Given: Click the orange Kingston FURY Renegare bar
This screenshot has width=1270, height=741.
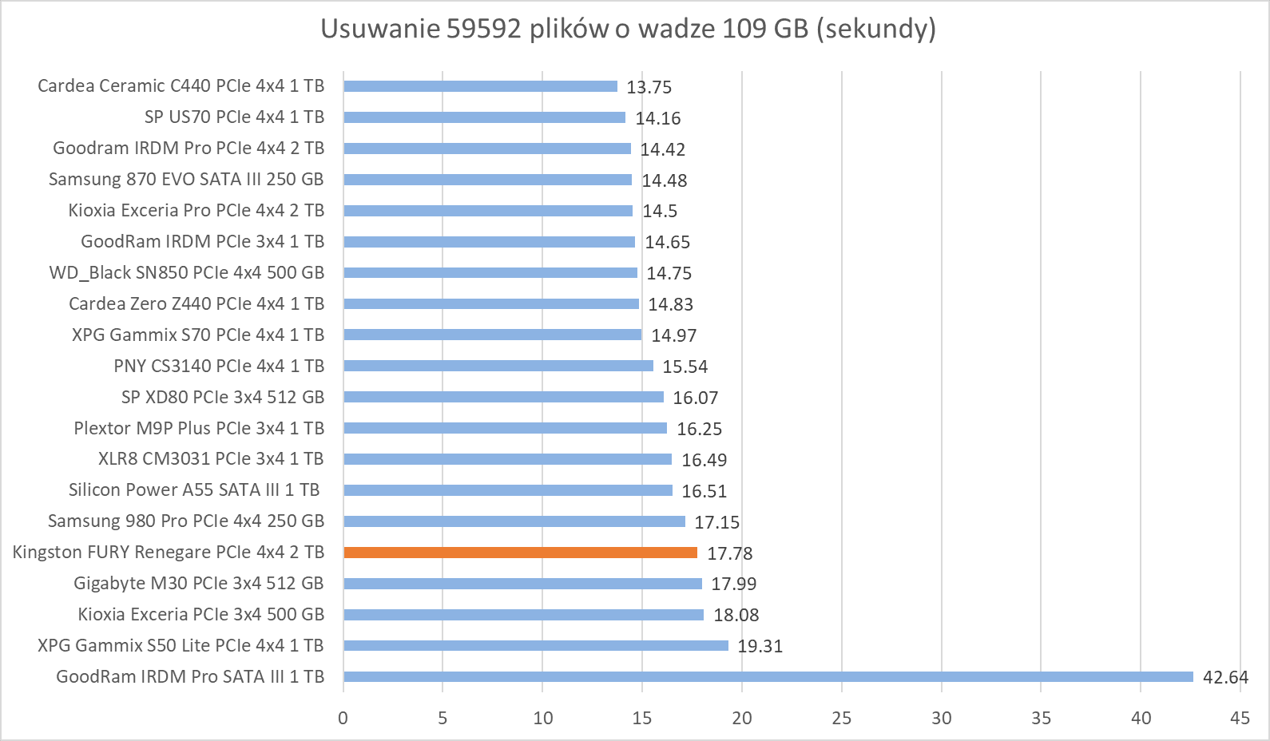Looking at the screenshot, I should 520,553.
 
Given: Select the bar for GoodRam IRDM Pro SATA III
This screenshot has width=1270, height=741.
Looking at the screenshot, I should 768,677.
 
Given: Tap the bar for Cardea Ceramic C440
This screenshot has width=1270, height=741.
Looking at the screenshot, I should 480,86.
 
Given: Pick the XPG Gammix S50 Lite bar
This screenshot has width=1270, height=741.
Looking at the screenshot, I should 536,646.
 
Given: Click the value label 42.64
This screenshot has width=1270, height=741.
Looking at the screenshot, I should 1224,678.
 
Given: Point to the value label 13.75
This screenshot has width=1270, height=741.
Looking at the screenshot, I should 649,87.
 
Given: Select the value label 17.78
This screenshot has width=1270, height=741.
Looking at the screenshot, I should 729,553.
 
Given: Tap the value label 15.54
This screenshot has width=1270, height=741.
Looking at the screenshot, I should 685,367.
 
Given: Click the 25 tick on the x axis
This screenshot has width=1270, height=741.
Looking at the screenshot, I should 842,718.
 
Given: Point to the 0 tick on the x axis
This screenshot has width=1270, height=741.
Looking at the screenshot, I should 343,718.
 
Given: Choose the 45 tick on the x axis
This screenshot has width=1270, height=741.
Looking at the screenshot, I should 1240,718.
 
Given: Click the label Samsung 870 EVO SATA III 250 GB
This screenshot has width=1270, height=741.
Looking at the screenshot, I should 186,180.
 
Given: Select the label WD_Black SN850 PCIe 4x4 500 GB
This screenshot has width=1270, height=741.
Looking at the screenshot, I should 186,273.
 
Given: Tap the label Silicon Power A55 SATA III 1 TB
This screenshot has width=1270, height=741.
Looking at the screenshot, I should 194,490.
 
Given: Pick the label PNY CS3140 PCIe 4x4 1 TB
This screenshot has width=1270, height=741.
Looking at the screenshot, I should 219,367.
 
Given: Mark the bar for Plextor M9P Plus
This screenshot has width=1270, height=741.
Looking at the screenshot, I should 505,429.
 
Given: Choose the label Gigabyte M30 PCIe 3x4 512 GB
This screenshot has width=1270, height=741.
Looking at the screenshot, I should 198,584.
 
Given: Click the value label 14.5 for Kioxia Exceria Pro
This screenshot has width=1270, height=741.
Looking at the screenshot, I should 660,211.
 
